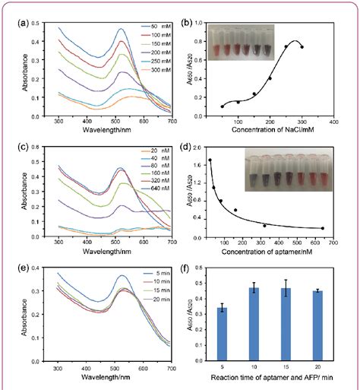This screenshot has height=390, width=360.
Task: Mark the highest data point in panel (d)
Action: pyautogui.click(x=210, y=160)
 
